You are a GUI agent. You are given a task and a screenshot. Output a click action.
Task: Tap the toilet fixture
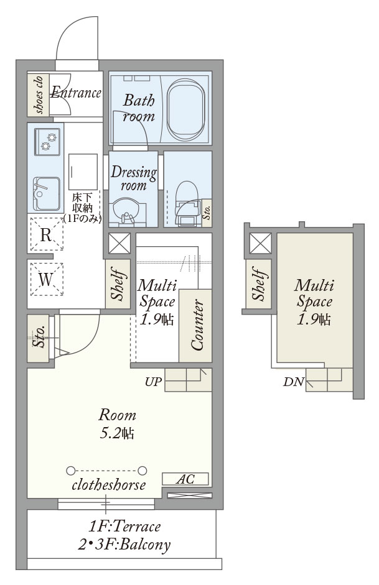click(187, 203)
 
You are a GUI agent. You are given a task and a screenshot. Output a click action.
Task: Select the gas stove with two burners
click(47, 142)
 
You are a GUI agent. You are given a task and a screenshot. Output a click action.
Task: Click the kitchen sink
click(46, 193)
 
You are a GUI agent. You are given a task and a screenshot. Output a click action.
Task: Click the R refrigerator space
click(46, 234)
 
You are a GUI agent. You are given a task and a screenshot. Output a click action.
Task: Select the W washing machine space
click(46, 279)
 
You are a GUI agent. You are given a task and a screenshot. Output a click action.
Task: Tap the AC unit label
click(185, 479)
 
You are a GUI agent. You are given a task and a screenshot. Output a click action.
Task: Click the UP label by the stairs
click(153, 382)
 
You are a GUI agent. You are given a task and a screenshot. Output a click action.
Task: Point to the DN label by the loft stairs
click(294, 382)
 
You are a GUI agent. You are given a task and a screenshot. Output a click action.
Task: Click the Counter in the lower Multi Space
click(195, 325)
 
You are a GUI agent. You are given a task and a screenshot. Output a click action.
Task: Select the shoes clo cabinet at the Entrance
click(38, 94)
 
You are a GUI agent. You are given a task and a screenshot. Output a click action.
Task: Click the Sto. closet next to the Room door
click(38, 338)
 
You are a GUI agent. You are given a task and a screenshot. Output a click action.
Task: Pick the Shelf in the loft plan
click(258, 283)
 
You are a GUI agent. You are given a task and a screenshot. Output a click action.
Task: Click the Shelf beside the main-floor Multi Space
click(118, 284)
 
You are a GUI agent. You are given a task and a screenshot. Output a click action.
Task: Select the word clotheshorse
click(109, 485)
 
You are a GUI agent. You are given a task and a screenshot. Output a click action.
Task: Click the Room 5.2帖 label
click(117, 424)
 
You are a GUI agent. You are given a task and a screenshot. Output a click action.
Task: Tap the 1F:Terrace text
click(124, 527)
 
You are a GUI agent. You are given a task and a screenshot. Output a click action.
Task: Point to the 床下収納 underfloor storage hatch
click(83, 172)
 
